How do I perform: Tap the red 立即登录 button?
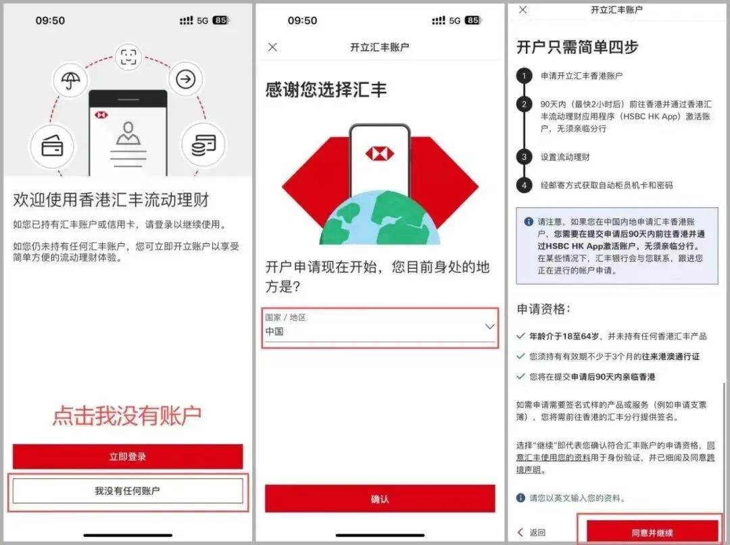click(127, 457)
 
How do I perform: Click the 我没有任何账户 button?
click(127, 491)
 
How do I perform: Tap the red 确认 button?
click(380, 499)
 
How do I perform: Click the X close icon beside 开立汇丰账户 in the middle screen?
click(272, 47)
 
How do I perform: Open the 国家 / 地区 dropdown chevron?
click(490, 327)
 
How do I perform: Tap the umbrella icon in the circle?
click(70, 82)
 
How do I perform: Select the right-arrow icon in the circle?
click(184, 80)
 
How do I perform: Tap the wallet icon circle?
click(52, 147)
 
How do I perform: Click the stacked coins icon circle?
click(203, 145)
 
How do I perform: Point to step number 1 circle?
click(524, 76)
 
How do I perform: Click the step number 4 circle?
click(524, 185)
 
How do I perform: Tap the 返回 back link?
click(532, 532)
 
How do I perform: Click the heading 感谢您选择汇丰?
click(326, 90)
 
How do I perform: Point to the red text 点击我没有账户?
click(127, 415)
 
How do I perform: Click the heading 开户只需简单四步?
click(577, 47)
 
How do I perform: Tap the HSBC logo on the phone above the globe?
click(379, 154)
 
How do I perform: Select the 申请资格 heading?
click(543, 309)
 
